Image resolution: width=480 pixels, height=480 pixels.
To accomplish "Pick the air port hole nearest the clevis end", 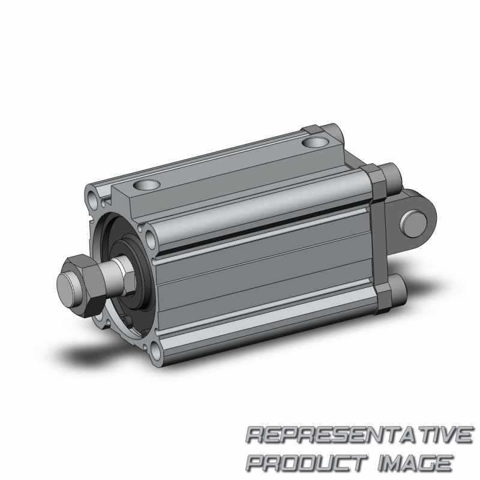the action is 316,142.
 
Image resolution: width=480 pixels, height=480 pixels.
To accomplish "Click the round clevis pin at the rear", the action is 413,223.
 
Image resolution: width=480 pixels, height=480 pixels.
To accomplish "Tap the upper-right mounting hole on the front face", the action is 151,239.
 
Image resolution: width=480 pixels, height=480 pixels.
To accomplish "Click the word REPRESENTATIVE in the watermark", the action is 359,435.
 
